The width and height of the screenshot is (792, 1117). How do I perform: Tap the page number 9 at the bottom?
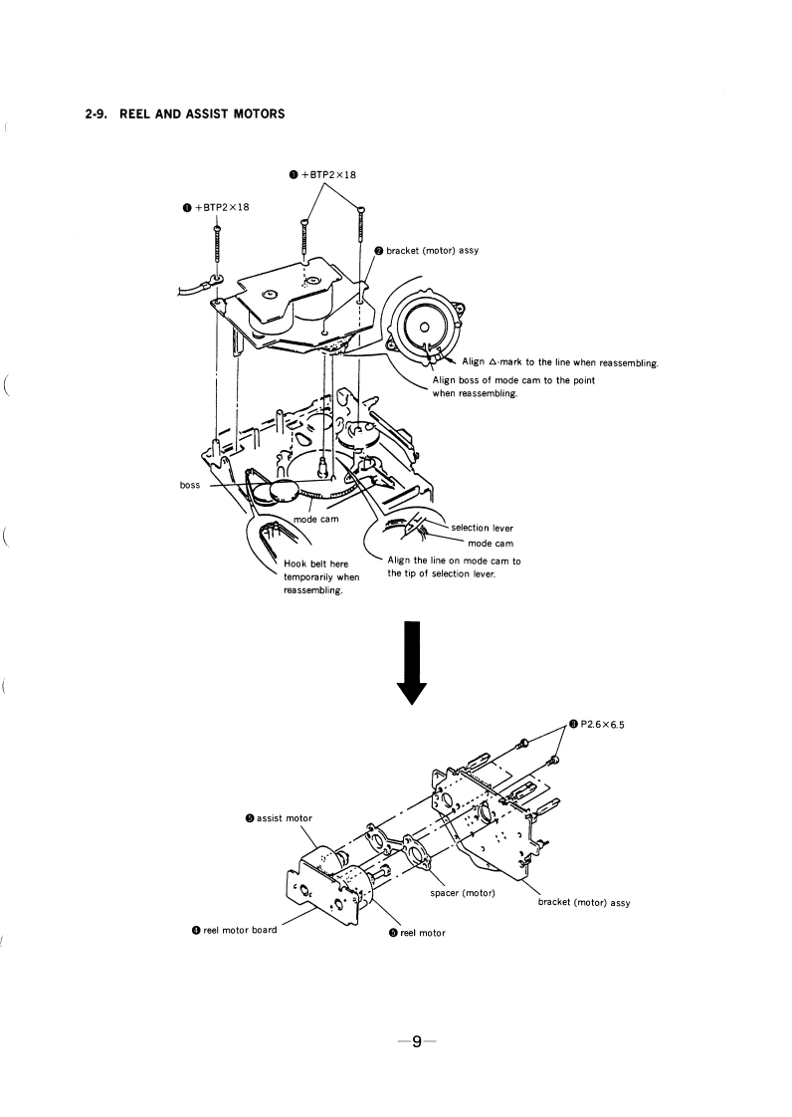coord(419,1041)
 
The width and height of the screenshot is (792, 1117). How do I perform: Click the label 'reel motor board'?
coord(235,930)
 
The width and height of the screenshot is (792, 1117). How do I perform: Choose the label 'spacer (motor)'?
coord(462,892)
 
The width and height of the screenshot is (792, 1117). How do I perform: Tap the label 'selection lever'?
coord(483,528)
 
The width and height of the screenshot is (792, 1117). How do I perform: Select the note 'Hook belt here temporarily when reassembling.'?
coord(321,577)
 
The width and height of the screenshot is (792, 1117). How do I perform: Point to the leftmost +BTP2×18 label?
coord(215,207)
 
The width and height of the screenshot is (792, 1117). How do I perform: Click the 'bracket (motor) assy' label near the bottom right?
coord(584,903)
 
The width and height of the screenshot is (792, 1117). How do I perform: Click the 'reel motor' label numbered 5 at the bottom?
coord(417,933)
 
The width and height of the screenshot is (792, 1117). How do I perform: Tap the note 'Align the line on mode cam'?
coord(453,567)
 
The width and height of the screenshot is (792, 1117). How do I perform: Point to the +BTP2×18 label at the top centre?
coord(322,175)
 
